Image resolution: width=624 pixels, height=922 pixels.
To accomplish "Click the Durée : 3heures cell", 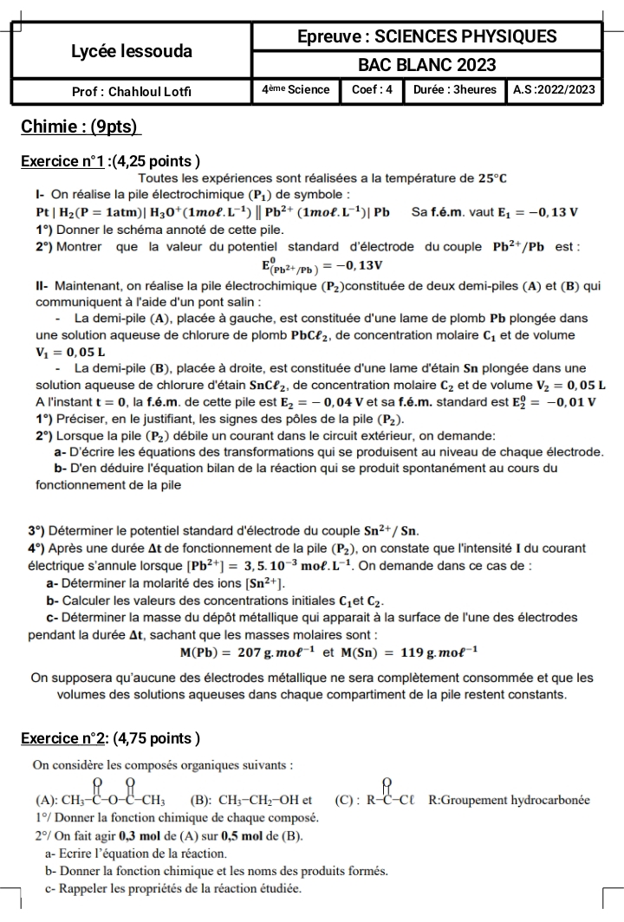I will point(453,89).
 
